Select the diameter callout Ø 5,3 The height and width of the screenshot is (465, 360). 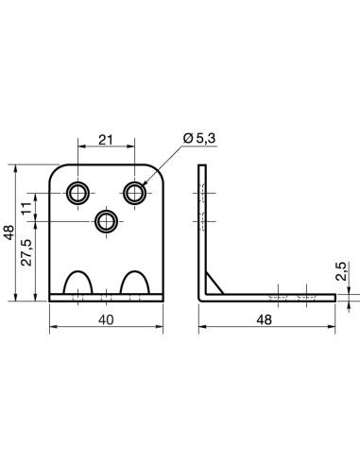coord(199,139)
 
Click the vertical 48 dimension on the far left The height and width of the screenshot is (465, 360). coord(9,232)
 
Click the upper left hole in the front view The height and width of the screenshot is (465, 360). coord(77,193)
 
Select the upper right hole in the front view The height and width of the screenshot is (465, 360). coord(137,193)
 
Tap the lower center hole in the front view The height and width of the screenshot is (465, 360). coord(107,221)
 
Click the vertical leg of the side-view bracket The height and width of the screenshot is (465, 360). coord(201,227)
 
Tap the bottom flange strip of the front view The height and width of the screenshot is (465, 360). coord(107,299)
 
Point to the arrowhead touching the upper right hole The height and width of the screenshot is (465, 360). coord(144,185)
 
